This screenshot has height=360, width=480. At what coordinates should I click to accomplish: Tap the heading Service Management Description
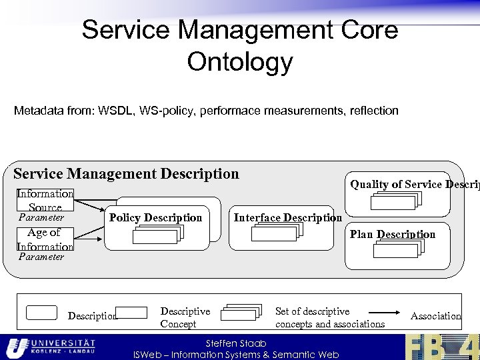tap(126, 174)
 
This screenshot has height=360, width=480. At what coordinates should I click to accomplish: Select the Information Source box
tap(45, 200)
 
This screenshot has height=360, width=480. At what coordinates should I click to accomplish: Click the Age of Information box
tap(45, 239)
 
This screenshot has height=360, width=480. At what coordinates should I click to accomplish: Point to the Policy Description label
tap(155, 217)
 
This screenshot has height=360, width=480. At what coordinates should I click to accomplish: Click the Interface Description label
tap(287, 217)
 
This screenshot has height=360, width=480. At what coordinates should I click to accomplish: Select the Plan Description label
tap(392, 234)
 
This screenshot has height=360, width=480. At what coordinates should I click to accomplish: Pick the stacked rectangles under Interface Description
tap(277, 231)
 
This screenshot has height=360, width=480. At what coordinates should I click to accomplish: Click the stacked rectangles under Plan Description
tap(398, 249)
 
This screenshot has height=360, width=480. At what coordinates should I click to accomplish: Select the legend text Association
tap(435, 316)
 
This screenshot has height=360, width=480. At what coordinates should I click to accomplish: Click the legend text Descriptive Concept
tap(185, 317)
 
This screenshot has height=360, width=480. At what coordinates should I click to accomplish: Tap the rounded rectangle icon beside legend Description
tap(41, 313)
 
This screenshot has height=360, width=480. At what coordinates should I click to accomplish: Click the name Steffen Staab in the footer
tap(236, 343)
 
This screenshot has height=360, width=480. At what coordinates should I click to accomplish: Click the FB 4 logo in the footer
tap(441, 347)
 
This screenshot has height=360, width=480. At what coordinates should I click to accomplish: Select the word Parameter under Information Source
tap(41, 217)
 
